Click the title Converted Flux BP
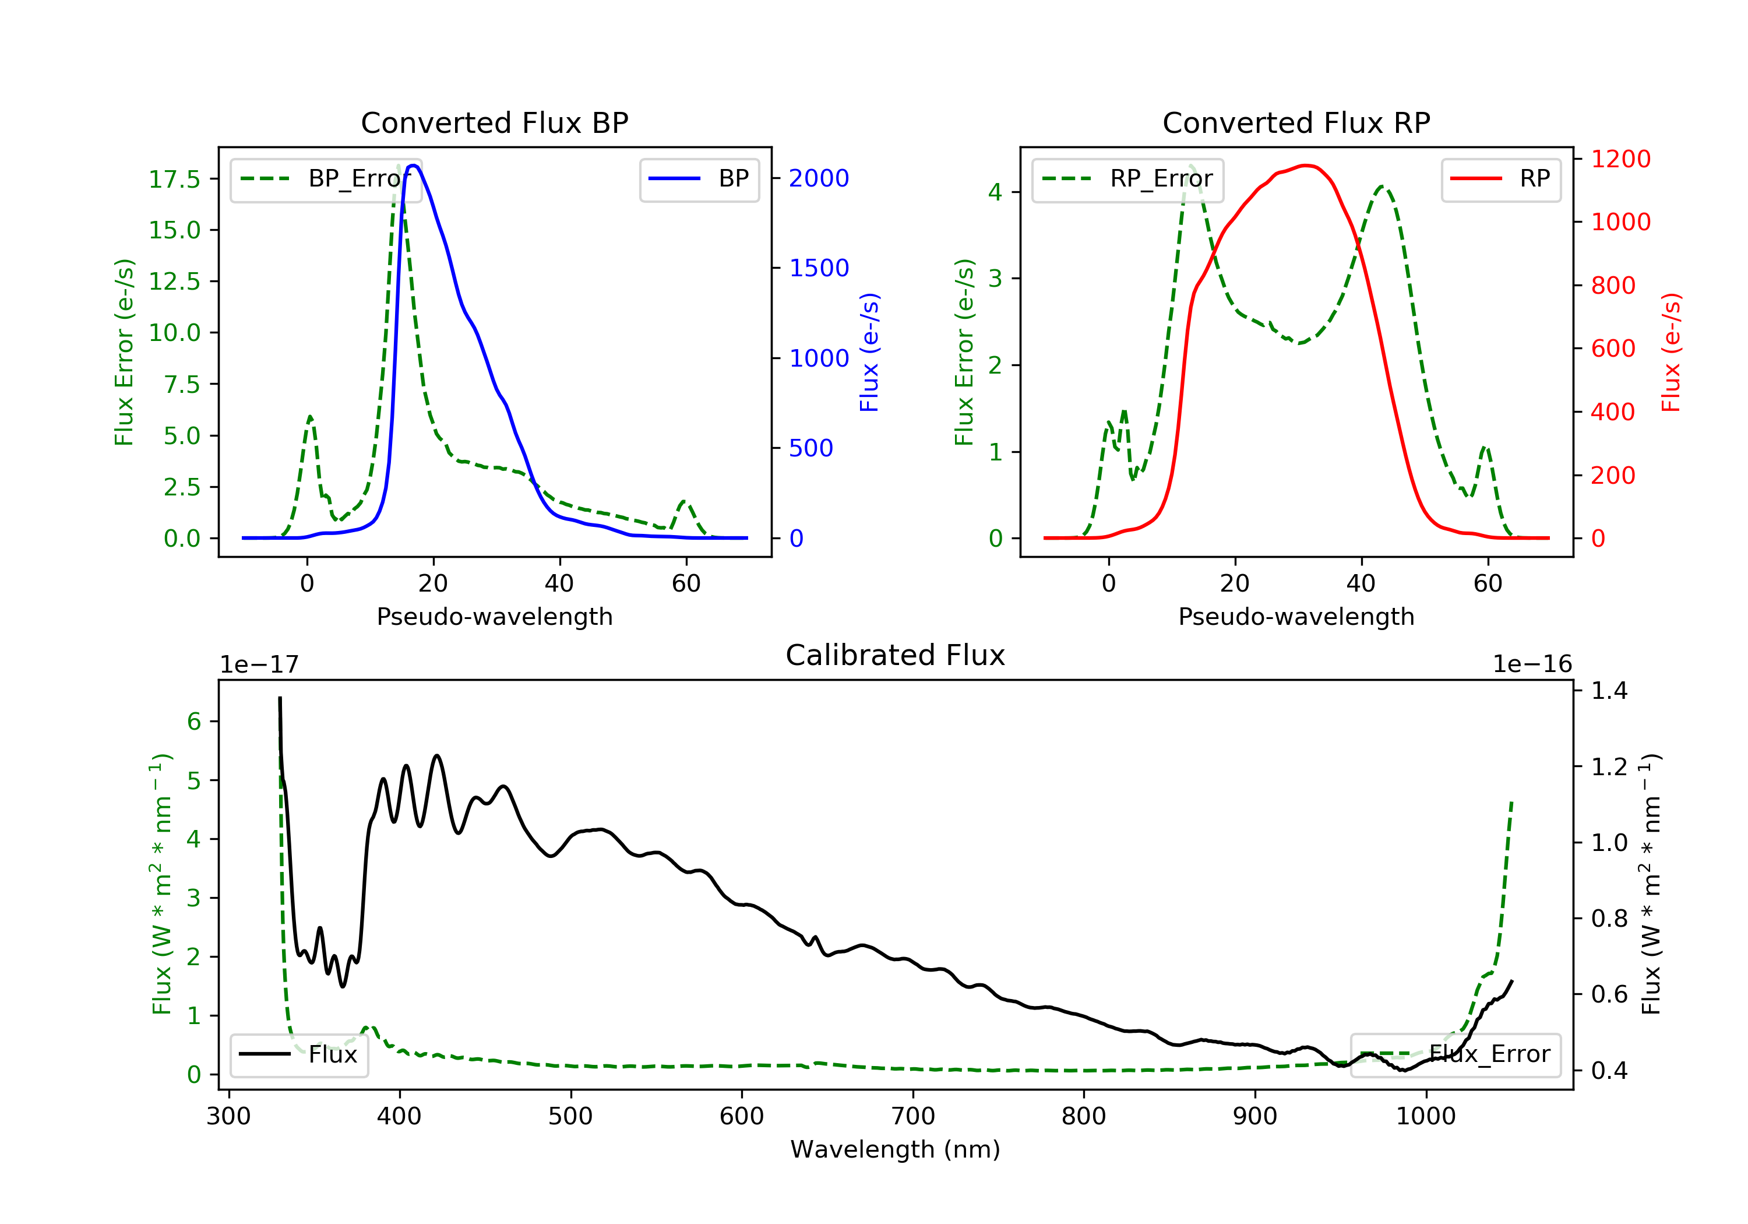click(494, 122)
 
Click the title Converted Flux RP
click(1296, 122)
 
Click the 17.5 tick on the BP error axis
click(174, 180)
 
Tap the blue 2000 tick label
click(819, 178)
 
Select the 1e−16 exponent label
click(1532, 664)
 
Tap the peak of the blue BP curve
click(413, 166)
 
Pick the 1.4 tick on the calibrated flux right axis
click(1609, 691)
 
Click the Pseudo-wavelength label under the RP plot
click(1296, 617)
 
